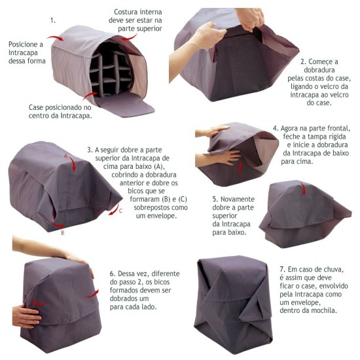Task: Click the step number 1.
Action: point(53,20)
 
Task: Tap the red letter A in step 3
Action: point(65,156)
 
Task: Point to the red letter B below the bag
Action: point(62,233)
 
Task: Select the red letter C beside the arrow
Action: point(121,211)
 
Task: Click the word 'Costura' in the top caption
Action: point(126,12)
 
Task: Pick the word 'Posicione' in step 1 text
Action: point(24,44)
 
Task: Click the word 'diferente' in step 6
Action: point(166,274)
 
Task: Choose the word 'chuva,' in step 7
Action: point(333,269)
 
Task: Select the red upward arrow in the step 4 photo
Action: point(240,168)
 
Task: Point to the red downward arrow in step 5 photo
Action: point(304,189)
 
